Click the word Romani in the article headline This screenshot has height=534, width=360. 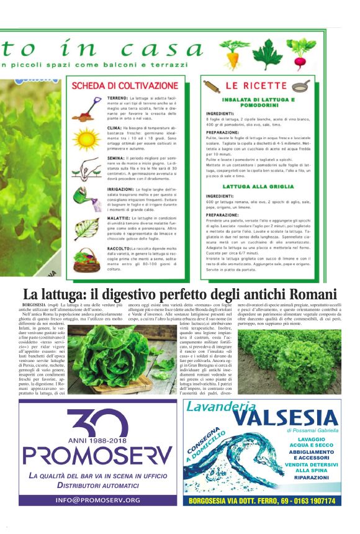click(308, 294)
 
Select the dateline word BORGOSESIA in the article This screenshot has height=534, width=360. click(34, 306)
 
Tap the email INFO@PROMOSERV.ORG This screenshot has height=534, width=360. click(97, 500)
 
